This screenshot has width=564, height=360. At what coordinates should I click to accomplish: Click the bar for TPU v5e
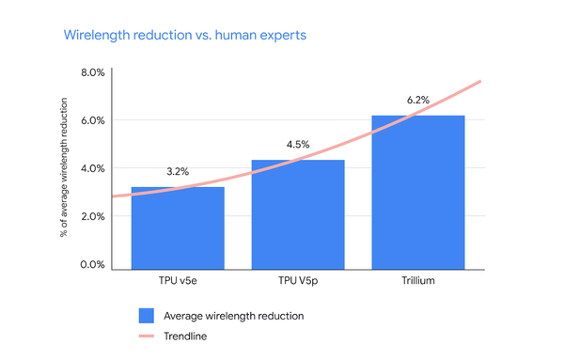tap(164, 227)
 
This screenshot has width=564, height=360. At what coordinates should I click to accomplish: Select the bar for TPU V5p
tap(285, 214)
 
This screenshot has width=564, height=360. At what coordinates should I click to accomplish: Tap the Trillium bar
tap(405, 192)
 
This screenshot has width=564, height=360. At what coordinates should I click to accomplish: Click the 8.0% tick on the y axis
tap(92, 72)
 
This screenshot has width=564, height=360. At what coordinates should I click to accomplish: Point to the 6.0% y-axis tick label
tap(92, 120)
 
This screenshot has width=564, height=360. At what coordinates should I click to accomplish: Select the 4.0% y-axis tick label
tap(92, 168)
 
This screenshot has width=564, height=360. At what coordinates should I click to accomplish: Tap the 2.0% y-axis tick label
tap(92, 216)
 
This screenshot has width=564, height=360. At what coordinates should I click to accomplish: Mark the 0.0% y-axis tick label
tap(92, 265)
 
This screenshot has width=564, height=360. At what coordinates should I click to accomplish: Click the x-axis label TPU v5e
tap(164, 282)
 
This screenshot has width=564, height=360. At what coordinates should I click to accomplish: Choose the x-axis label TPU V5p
tap(285, 282)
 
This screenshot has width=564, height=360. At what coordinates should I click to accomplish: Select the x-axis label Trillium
tap(405, 282)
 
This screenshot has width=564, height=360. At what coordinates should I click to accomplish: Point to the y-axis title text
tap(64, 169)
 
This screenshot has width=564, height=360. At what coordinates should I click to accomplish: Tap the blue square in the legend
tap(146, 315)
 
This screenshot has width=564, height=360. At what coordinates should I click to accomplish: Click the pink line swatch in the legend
tap(146, 336)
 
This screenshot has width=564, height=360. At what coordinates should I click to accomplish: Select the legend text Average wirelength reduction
tap(234, 315)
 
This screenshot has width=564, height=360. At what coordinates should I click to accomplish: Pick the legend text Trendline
tap(186, 336)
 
